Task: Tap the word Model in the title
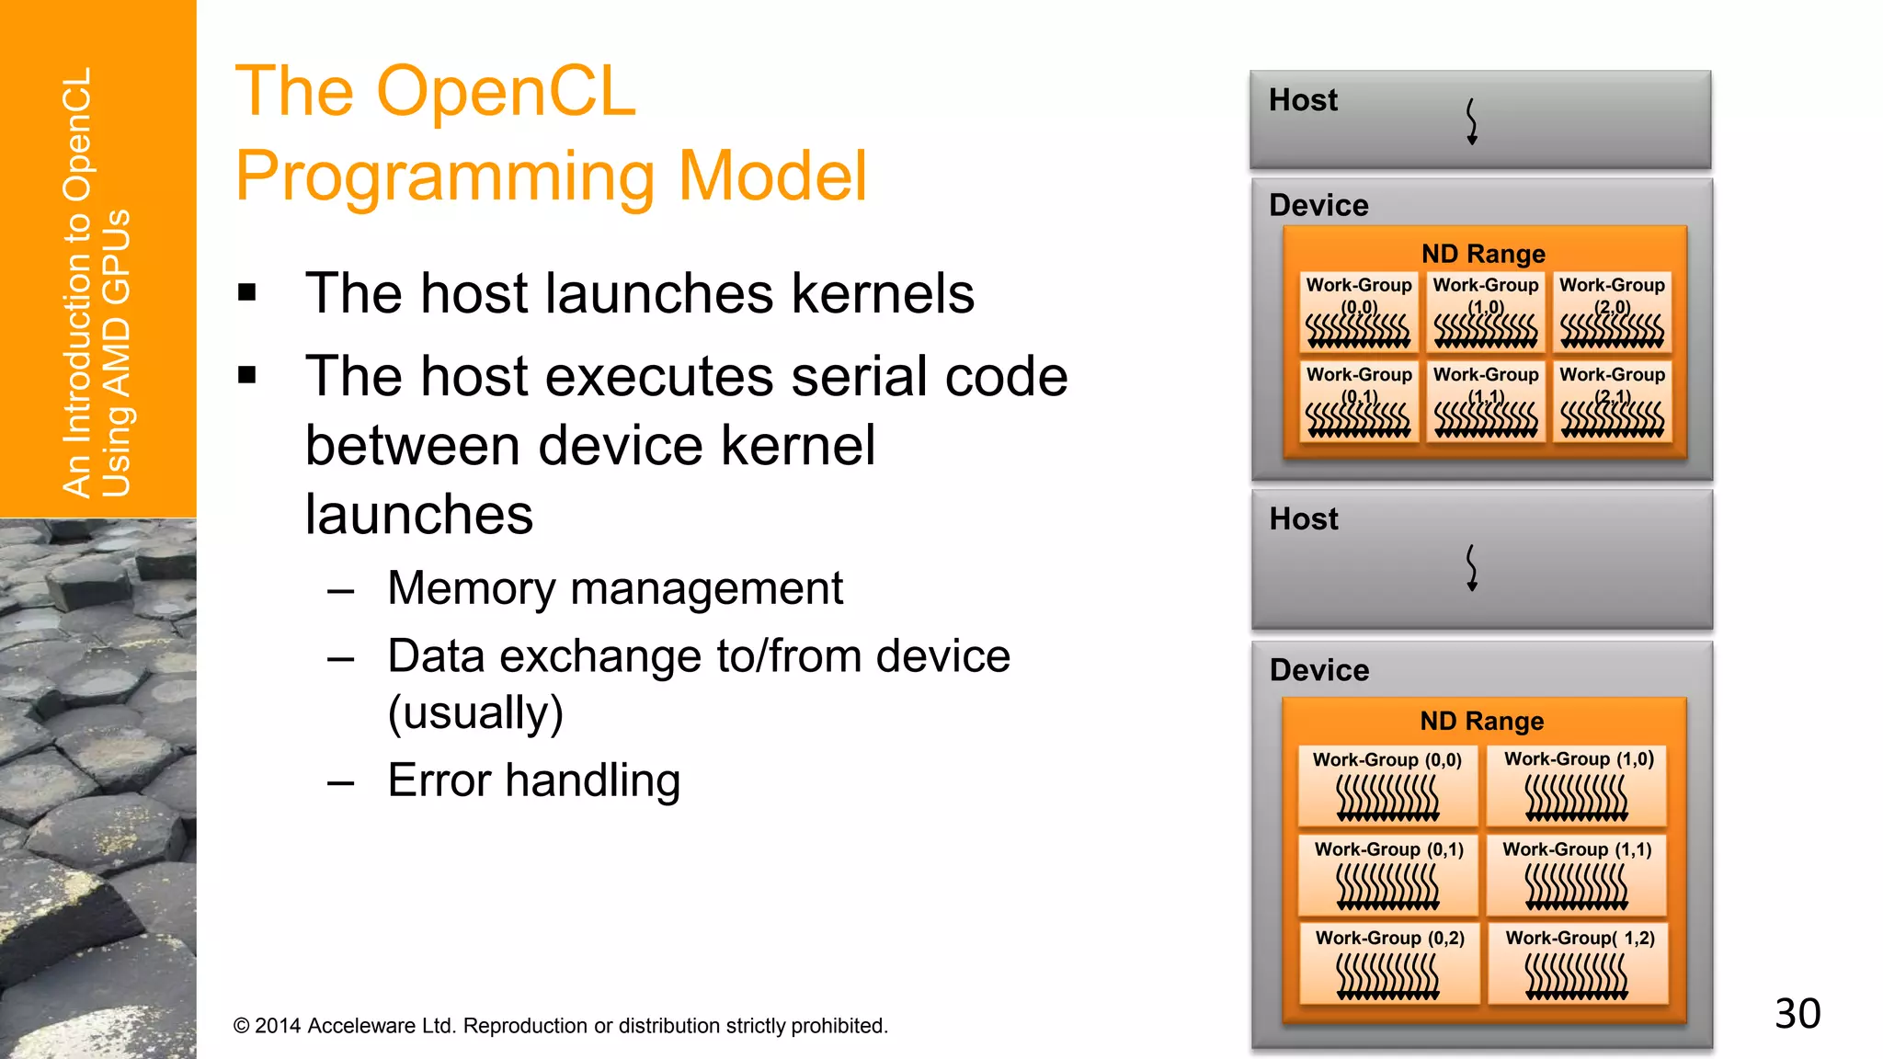772,176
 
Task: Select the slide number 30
1797,1014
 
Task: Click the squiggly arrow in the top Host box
1471,121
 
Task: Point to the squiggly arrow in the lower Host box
1471,567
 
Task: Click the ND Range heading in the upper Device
1483,254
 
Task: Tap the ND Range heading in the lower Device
1481,721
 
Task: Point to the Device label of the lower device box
1318,670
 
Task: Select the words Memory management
614,588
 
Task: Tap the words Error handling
533,780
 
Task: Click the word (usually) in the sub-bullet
475,712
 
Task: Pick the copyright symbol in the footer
242,1026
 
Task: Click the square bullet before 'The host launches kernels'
246,293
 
